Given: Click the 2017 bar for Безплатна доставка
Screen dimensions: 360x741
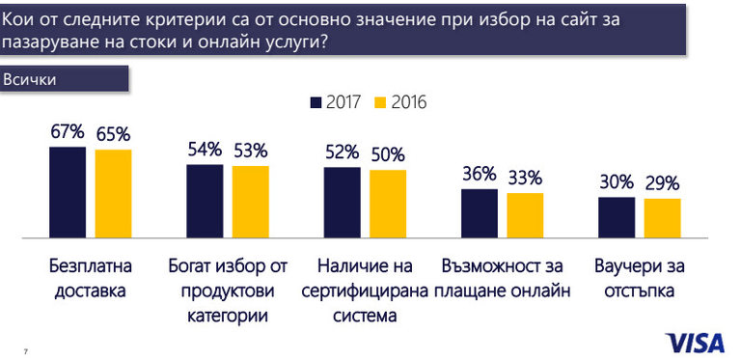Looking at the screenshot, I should (x=68, y=191).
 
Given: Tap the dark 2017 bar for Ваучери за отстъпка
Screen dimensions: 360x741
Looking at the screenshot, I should (x=617, y=216).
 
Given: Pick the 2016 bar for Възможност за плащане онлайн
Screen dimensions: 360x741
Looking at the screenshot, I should (x=525, y=214).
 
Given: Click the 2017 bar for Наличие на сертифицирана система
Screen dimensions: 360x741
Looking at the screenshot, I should (x=342, y=201).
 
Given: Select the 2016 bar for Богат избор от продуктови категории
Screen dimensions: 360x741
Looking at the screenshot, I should (x=250, y=201).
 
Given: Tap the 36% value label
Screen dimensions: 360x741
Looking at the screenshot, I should (x=480, y=175).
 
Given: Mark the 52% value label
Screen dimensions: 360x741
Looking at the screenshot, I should (x=342, y=152).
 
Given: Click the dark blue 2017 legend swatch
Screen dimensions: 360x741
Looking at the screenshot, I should (x=316, y=102).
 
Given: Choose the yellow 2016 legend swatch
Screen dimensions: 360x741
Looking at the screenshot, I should (x=379, y=102).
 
